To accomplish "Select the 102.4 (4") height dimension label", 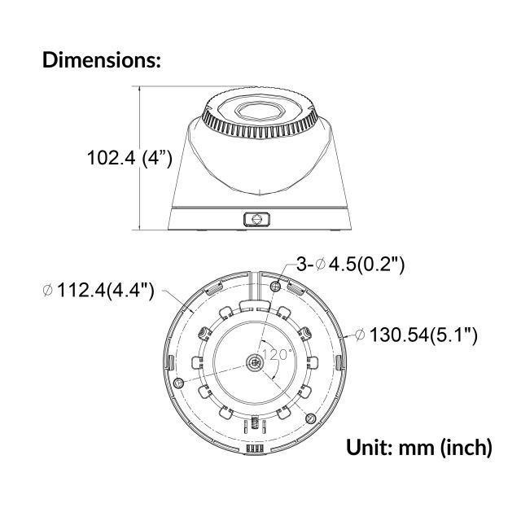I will [129, 158].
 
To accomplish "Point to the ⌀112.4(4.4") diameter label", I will [97, 291].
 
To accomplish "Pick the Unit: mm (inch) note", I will [419, 447].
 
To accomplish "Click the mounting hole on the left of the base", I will [178, 383].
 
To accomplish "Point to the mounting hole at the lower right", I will [309, 417].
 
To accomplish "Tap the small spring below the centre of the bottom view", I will [255, 422].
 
